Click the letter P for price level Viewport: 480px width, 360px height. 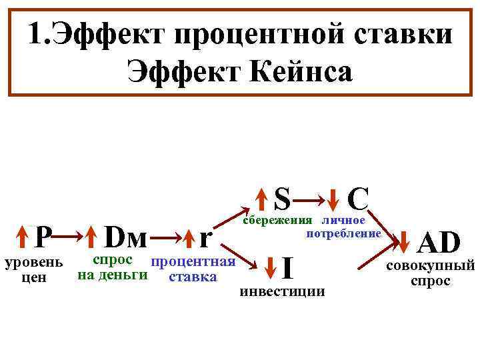(43, 236)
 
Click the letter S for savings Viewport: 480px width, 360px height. (283, 198)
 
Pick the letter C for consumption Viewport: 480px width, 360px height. (358, 198)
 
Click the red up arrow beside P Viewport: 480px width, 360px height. (23, 236)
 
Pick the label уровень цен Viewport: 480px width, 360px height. (33, 269)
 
